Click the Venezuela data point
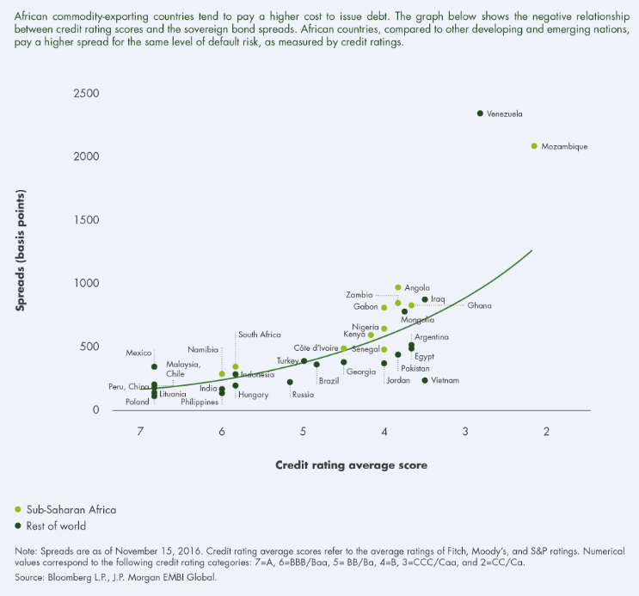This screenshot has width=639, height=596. click(x=480, y=114)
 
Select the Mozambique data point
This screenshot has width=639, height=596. click(x=534, y=146)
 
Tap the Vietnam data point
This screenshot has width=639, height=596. click(x=425, y=380)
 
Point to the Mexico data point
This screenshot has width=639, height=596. click(x=155, y=366)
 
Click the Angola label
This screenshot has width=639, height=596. click(x=417, y=288)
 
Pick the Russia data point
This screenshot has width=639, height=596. click(x=290, y=382)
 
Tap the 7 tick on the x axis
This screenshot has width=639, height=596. click(x=140, y=432)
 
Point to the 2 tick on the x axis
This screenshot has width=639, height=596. click(x=546, y=432)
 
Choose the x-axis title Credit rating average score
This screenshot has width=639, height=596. click(x=351, y=465)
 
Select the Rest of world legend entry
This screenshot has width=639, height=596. click(x=58, y=525)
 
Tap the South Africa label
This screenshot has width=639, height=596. click(x=260, y=335)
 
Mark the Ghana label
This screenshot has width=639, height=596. click(x=479, y=305)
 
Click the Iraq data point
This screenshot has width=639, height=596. click(x=425, y=299)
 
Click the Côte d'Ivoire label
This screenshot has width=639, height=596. click(x=316, y=348)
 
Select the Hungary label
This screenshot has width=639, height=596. click(x=254, y=395)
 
